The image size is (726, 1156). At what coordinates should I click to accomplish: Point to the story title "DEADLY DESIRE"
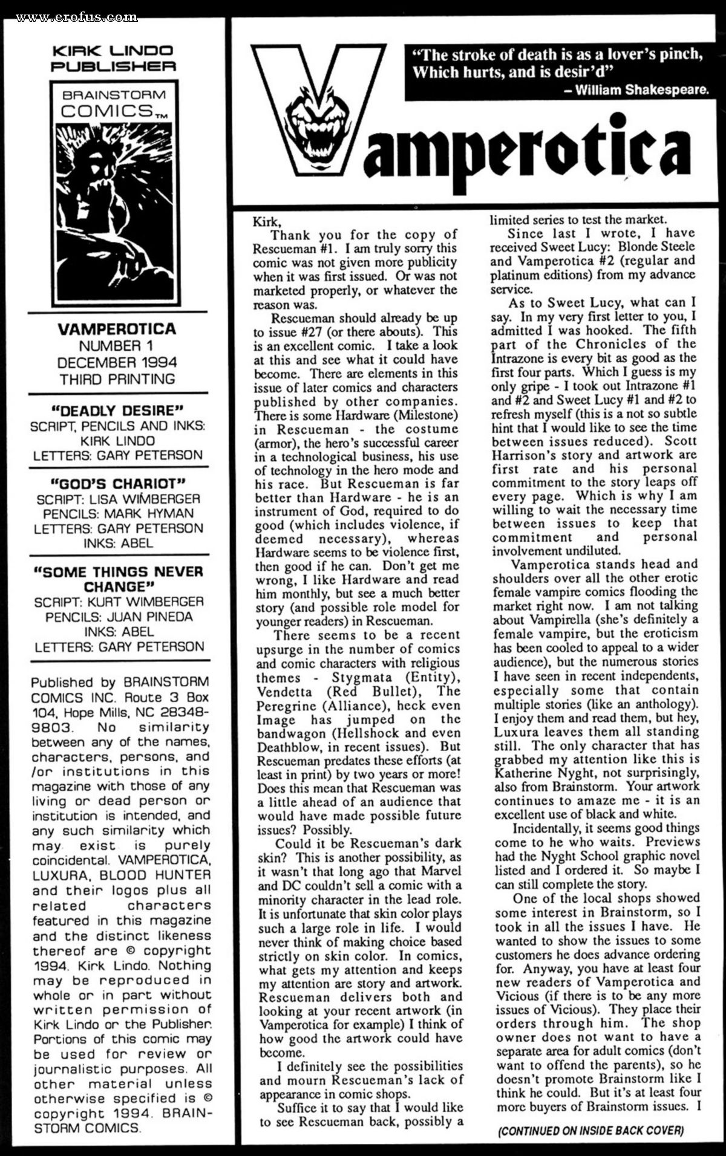(118, 411)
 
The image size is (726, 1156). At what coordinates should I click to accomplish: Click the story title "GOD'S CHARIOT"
(118, 484)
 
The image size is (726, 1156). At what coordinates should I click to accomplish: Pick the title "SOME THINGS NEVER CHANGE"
(119, 579)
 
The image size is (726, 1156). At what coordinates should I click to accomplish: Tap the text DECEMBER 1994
(117, 362)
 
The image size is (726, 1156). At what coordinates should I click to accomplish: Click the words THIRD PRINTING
(117, 379)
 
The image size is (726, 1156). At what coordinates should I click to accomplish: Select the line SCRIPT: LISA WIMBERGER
(118, 499)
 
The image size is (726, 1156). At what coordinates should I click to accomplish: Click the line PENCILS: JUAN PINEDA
(119, 617)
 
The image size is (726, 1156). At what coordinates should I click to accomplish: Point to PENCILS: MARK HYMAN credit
(118, 513)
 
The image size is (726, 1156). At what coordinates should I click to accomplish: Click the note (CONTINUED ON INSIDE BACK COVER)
(590, 1131)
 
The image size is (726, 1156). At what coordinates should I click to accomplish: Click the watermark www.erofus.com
(77, 18)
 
